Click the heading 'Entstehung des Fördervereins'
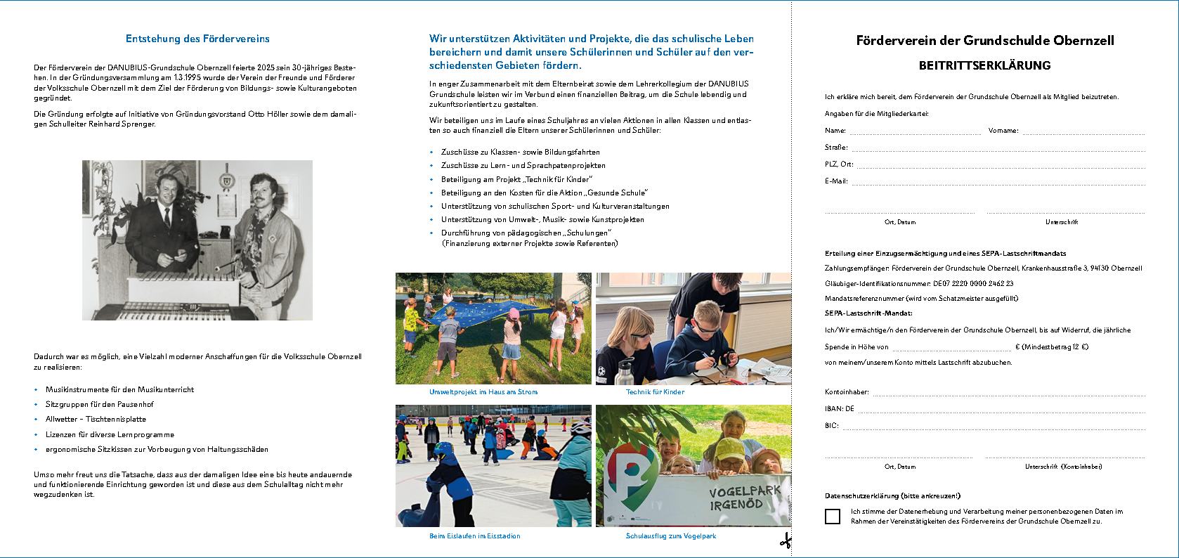click(197, 39)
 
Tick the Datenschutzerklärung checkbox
click(833, 517)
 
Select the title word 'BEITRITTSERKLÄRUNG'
click(984, 65)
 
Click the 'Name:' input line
click(915, 131)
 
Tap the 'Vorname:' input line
click(1083, 131)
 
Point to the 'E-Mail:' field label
click(836, 181)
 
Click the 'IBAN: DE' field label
click(839, 409)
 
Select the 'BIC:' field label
click(831, 426)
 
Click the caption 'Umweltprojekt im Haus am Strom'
click(483, 392)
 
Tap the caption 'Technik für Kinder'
click(655, 392)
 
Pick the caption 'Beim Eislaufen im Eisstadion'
click(475, 536)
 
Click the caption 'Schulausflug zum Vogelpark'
click(671, 536)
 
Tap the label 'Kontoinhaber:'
click(847, 392)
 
